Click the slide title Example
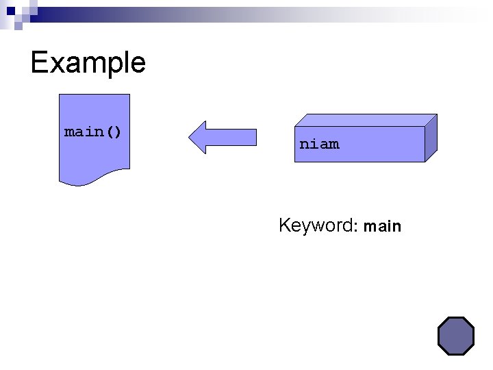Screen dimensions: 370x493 pyautogui.click(x=88, y=63)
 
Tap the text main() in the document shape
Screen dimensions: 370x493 pyautogui.click(x=93, y=131)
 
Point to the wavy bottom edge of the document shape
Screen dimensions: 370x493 pyautogui.click(x=93, y=180)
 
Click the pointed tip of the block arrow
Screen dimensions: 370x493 pyautogui.click(x=191, y=137)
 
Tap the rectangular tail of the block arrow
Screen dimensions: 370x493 pyautogui.click(x=236, y=137)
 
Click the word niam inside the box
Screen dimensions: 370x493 pyautogui.click(x=319, y=144)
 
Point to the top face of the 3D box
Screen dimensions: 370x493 pyautogui.click(x=363, y=121)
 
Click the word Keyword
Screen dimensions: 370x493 pyautogui.click(x=314, y=225)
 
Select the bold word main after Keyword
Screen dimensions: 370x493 pyautogui.click(x=382, y=225)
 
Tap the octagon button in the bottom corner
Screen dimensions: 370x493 pyautogui.click(x=455, y=336)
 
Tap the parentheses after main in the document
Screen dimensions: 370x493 pyautogui.click(x=114, y=131)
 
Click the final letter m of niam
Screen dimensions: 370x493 pyautogui.click(x=333, y=144)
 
